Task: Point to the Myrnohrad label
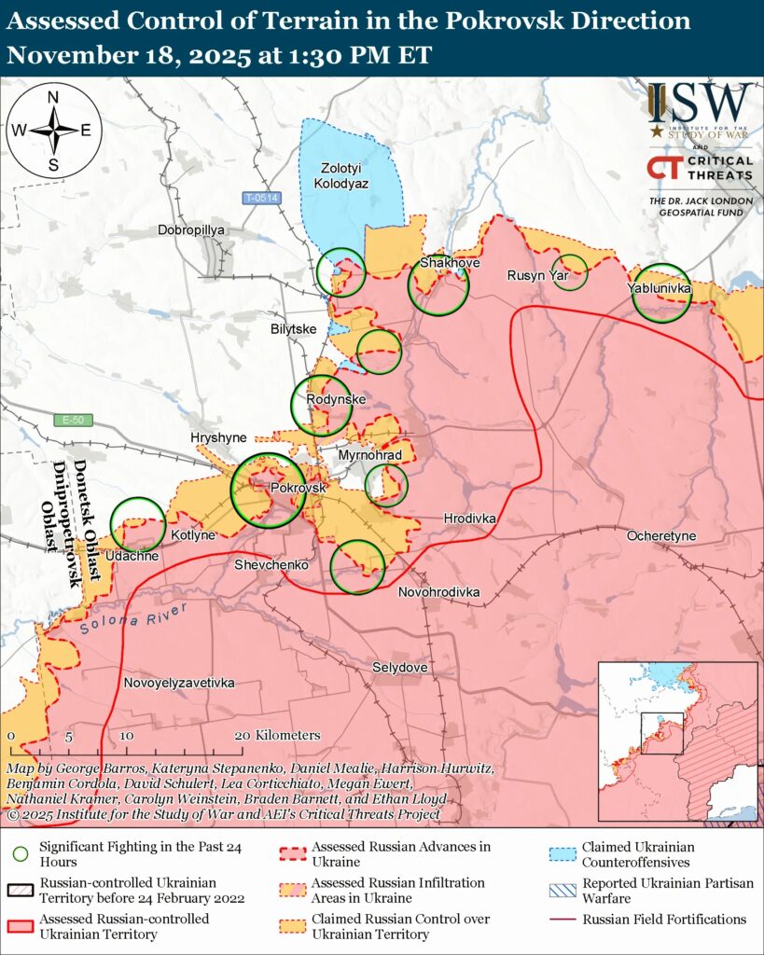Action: click(370, 455)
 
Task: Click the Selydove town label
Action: click(399, 668)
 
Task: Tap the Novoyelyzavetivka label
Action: click(179, 683)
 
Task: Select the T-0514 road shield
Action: click(261, 198)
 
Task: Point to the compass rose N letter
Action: click(53, 98)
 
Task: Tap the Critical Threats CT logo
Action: click(663, 168)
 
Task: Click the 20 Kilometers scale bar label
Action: click(281, 735)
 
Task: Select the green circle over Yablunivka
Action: click(661, 292)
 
